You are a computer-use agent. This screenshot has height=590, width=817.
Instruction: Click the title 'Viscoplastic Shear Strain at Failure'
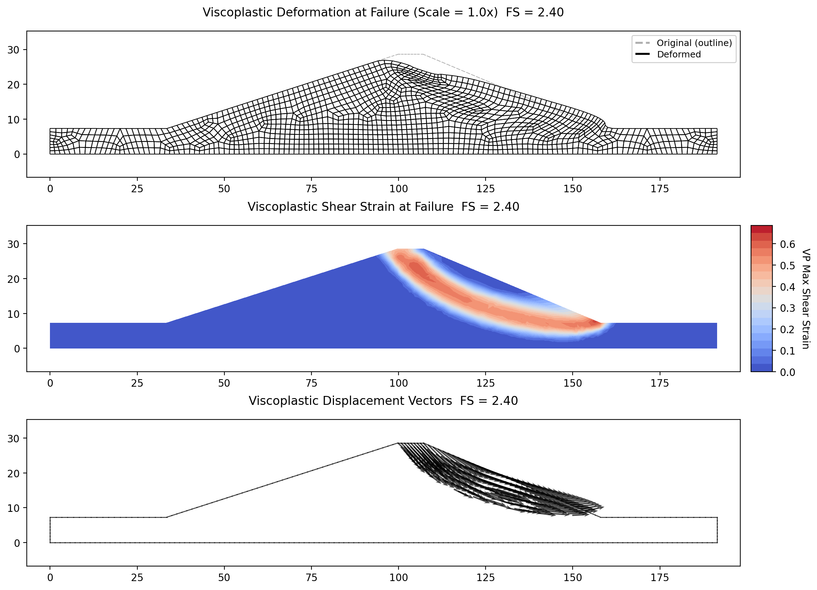tap(350, 207)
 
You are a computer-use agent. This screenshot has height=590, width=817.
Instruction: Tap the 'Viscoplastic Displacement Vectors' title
tap(350, 401)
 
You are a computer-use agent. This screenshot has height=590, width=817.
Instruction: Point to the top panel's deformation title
tap(383, 12)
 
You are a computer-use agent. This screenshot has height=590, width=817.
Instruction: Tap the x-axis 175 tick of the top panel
tap(660, 189)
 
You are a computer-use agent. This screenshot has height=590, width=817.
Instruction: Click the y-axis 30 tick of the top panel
tap(13, 50)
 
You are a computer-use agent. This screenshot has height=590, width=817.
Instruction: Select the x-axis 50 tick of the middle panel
tap(224, 383)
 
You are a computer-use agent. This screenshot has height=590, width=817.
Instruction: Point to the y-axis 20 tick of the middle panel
tap(13, 279)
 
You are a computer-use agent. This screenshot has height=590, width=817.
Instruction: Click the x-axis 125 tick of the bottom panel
tap(486, 578)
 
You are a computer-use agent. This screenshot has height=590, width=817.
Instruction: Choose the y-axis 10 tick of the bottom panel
tap(13, 508)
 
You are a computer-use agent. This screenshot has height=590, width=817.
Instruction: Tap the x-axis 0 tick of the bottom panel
tap(50, 578)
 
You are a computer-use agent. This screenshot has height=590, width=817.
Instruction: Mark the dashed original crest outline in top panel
tap(410, 54)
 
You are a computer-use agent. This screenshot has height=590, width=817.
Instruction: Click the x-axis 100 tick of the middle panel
tap(399, 383)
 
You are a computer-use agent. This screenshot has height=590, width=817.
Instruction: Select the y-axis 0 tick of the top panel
tap(16, 154)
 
